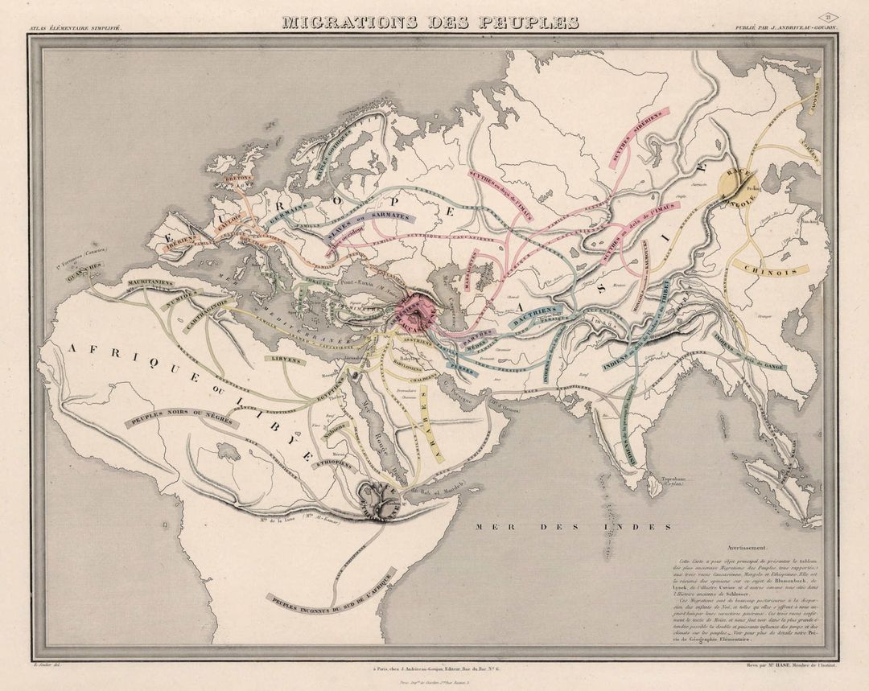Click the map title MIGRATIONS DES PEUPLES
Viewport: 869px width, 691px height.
(430, 22)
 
